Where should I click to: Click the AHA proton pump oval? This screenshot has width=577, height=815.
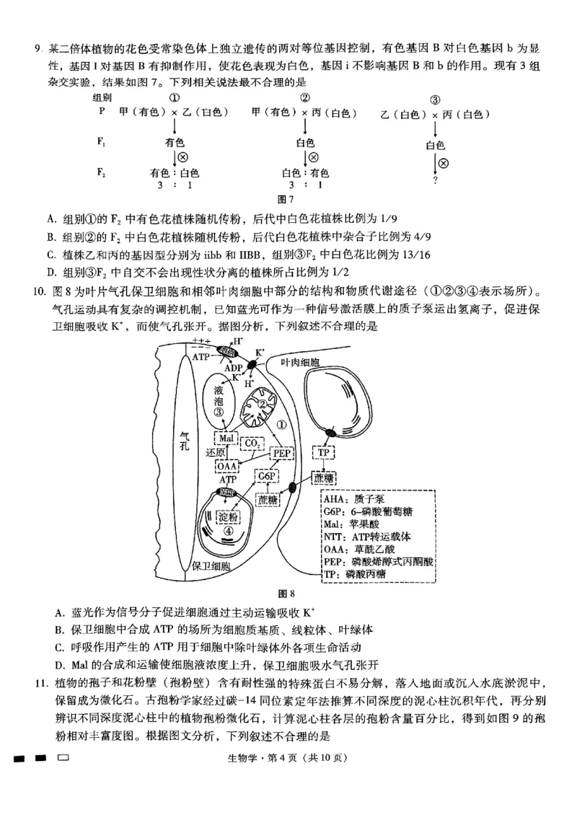pos(228,351)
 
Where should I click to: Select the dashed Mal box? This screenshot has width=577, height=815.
pos(226,439)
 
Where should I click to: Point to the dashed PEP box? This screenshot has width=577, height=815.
pos(281,453)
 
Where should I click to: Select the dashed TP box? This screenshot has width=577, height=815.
pos(323,453)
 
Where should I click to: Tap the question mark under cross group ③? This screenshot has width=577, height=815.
pos(435,181)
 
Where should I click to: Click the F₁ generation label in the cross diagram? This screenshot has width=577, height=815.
pos(102,141)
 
